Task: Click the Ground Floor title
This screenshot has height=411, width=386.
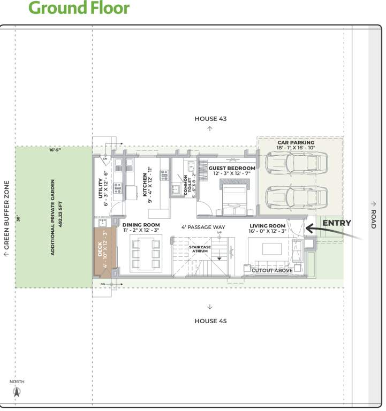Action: point(79,8)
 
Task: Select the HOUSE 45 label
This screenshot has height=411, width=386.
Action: point(210,321)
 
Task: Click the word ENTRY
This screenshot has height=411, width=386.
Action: point(337,223)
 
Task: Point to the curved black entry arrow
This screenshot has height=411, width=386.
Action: point(321,229)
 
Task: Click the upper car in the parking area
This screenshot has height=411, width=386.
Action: point(296,162)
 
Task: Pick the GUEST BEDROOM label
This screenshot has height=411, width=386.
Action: point(232,168)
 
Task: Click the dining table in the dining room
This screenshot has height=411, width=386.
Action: point(146,253)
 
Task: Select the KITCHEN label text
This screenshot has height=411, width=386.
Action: point(145,185)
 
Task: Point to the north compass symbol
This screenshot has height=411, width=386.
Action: point(17,391)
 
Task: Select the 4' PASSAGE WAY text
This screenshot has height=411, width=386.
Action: point(203,227)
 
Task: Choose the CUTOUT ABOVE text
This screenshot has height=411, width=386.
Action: point(272,270)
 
